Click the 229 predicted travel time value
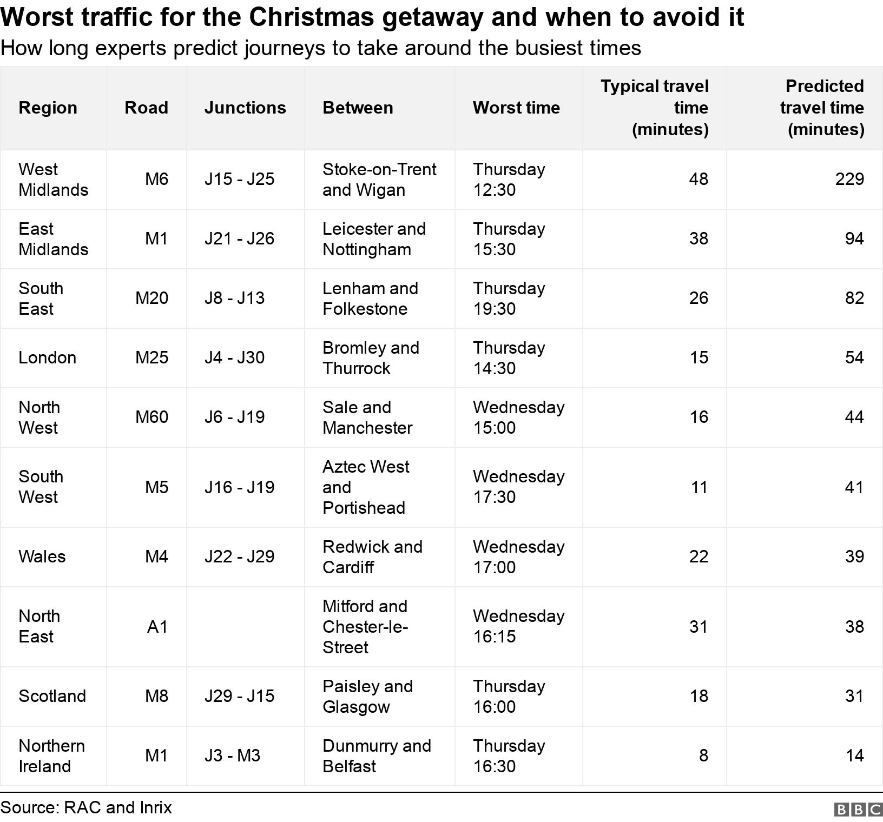pos(849,179)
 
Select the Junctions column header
pos(245,108)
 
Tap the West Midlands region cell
pos(53,180)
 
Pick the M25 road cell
pos(151,357)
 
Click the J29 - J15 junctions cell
pos(239,696)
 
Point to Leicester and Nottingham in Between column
pos(374,239)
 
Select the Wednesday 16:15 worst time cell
pos(518,626)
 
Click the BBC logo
pos(858,810)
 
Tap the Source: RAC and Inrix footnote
pos(87,807)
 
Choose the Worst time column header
pos(516,108)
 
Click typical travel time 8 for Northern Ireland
pos(703,755)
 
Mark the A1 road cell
pos(157,627)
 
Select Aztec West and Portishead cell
pos(366,487)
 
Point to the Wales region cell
pos(42,556)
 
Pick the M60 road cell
pos(151,417)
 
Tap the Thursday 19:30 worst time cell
pos(509,299)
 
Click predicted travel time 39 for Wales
pos(854,556)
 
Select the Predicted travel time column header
pos(822,108)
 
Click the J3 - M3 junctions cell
pos(232,755)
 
